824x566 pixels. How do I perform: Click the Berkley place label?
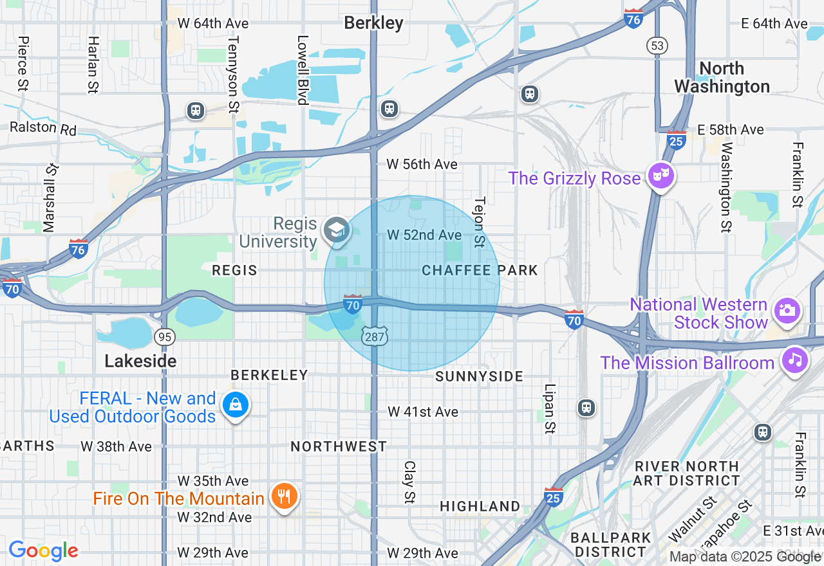pyautogui.click(x=373, y=23)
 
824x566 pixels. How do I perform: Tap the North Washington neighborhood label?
pyautogui.click(x=722, y=77)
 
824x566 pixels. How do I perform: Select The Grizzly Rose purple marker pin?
pyautogui.click(x=660, y=176)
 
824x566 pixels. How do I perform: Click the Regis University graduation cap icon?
pyautogui.click(x=336, y=230)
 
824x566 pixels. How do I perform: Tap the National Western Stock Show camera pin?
pyautogui.click(x=787, y=311)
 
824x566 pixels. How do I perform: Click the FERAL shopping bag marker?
pyautogui.click(x=236, y=405)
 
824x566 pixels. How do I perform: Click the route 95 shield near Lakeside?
pyautogui.click(x=165, y=336)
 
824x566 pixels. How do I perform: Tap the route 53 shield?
pyautogui.click(x=657, y=45)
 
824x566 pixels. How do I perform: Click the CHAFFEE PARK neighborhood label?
pyautogui.click(x=480, y=270)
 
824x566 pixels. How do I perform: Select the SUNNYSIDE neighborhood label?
pyautogui.click(x=480, y=376)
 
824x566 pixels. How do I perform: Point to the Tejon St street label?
pyautogui.click(x=478, y=222)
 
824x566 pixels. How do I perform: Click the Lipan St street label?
pyautogui.click(x=549, y=408)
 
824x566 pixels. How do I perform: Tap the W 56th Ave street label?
pyautogui.click(x=422, y=165)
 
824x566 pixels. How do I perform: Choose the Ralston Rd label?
pyautogui.click(x=43, y=128)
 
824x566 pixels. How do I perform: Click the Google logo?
pyautogui.click(x=43, y=551)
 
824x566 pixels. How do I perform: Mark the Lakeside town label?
pyautogui.click(x=140, y=361)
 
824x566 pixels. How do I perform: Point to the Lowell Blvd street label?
pyautogui.click(x=302, y=69)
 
